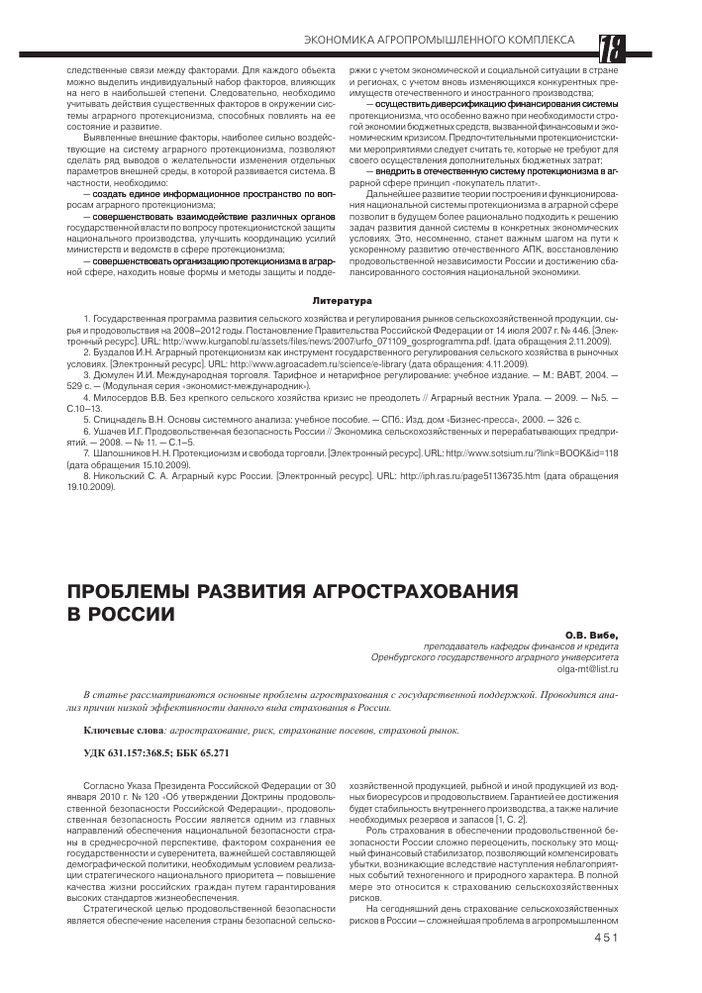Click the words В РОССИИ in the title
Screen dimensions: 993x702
pyautogui.click(x=120, y=615)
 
